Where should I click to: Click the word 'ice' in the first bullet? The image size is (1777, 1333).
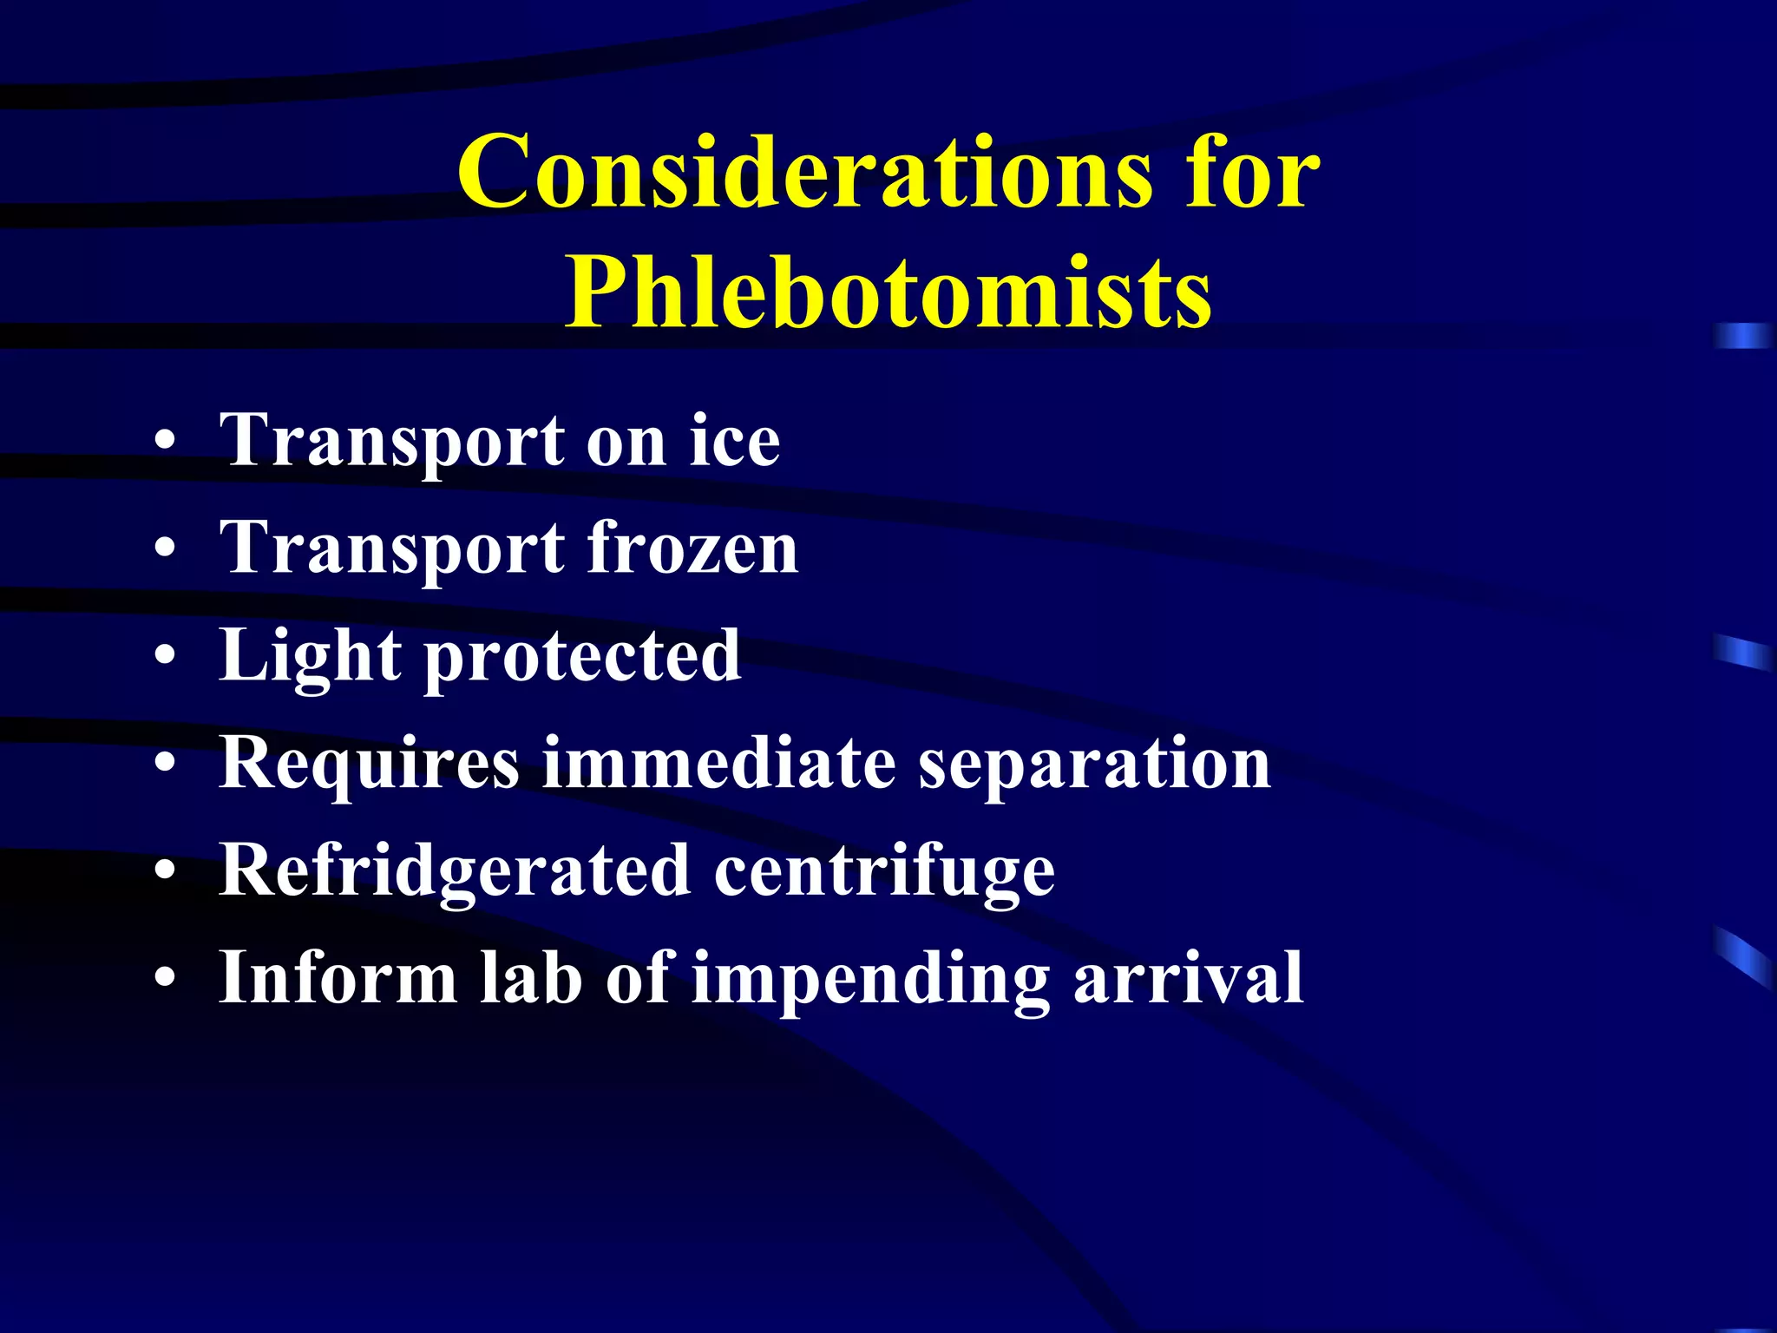pos(735,441)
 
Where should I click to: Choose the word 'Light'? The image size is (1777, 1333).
pos(310,656)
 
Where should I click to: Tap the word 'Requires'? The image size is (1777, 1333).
pos(369,765)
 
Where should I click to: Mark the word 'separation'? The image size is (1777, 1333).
pos(1095,765)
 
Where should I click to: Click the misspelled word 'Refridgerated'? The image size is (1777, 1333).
pos(455,870)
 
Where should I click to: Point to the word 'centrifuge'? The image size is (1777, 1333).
pos(884,872)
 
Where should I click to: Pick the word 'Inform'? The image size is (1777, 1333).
pos(338,978)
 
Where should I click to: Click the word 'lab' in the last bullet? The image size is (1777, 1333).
pos(530,978)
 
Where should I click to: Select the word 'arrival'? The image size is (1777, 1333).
pos(1188,978)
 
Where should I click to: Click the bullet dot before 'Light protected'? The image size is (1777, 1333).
pos(165,659)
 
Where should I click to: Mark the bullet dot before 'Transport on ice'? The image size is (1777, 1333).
pos(165,443)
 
